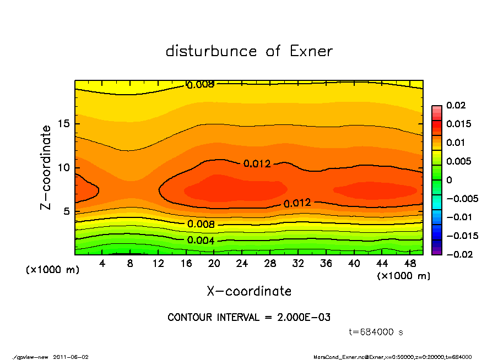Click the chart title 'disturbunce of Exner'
(x=249, y=51)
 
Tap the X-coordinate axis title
(x=249, y=291)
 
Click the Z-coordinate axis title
(x=46, y=167)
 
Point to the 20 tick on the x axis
(x=214, y=264)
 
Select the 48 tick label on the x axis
(x=411, y=264)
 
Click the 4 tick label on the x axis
(x=102, y=264)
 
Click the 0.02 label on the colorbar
(x=456, y=105)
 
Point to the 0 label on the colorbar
(x=449, y=180)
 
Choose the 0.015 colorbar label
(x=458, y=124)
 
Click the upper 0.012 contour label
(x=257, y=163)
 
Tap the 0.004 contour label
(x=201, y=240)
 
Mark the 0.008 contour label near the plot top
(x=201, y=85)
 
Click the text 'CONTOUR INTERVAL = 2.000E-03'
(x=249, y=318)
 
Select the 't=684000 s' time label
(x=376, y=332)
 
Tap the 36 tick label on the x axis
(x=327, y=264)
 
